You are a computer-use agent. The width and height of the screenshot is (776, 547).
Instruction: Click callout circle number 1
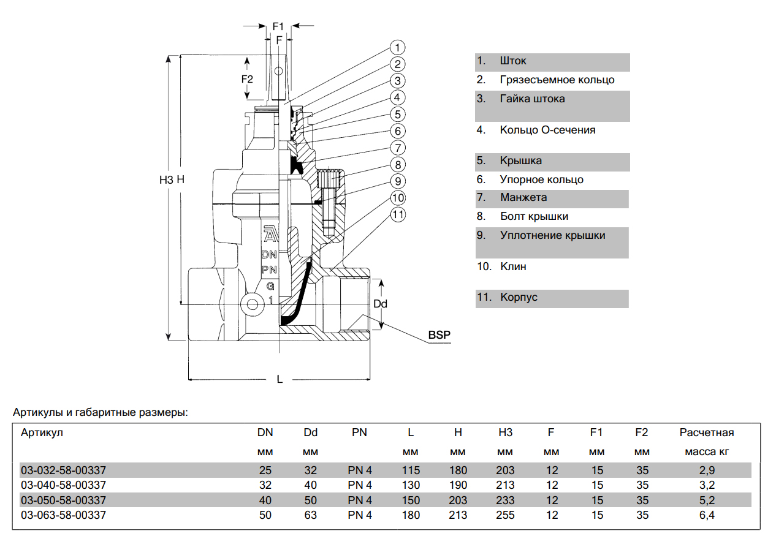point(397,47)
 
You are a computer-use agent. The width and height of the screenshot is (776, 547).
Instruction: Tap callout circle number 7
point(397,148)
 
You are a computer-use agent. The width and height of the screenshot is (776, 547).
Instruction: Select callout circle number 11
point(398,214)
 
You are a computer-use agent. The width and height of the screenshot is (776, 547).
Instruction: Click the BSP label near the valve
point(439,335)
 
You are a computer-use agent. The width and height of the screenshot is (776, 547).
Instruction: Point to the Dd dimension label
point(381,304)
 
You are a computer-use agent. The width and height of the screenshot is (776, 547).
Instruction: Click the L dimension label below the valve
point(280,379)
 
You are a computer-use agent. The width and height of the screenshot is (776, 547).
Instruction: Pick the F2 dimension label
point(247,79)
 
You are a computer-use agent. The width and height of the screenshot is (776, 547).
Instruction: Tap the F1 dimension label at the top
point(278,26)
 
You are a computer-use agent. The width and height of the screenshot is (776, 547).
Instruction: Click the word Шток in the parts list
point(513,61)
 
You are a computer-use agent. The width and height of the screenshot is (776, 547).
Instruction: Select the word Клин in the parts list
point(513,266)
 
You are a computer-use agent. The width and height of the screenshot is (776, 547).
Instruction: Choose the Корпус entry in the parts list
point(519,297)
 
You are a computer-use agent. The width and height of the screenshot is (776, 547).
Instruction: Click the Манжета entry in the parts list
point(523,198)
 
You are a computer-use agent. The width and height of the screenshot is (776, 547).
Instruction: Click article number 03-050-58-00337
point(63,500)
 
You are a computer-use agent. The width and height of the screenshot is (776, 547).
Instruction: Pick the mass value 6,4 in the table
point(707,515)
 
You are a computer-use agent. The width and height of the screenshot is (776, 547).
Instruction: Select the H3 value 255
point(505,515)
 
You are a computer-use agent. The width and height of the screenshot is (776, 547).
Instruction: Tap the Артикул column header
point(42,432)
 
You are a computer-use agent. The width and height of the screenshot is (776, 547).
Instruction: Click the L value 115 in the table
point(411,470)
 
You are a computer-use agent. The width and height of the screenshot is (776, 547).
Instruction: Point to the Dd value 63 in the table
point(311,515)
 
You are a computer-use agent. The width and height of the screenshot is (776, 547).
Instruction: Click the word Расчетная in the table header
point(707,432)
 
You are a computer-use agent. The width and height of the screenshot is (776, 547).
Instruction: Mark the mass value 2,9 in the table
point(707,470)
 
